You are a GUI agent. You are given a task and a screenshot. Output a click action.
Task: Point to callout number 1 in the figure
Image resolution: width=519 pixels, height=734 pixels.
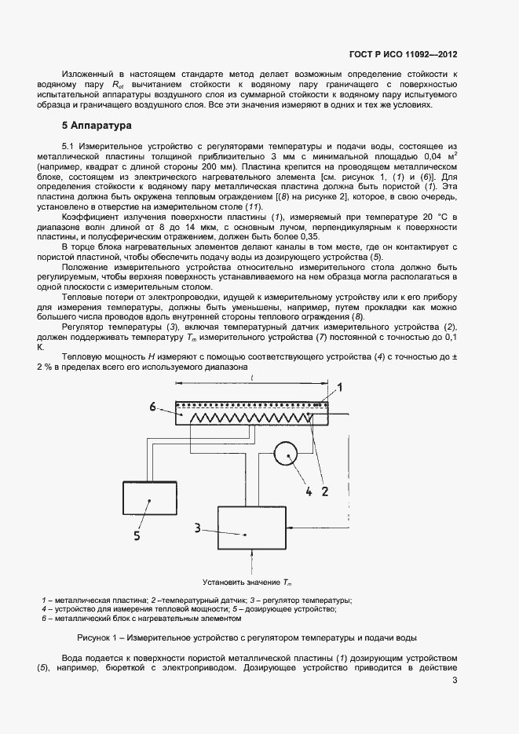pos(340,387)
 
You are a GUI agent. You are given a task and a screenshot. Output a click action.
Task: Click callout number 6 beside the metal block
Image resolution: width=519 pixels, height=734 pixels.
pos(155,406)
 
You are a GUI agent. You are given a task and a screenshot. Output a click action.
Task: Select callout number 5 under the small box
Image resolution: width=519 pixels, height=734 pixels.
pos(137,537)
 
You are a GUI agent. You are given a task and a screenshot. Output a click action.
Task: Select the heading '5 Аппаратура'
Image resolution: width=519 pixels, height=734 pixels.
pos(97,126)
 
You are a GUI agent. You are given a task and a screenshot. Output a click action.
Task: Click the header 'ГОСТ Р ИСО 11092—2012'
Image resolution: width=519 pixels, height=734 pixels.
pos(403,54)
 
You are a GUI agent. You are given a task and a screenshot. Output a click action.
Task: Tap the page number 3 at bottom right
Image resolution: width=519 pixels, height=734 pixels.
pos(455,681)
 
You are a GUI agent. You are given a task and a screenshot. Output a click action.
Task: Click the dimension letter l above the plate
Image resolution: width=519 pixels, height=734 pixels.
pos(251,378)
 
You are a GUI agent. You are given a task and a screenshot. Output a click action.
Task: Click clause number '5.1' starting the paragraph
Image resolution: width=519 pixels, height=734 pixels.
pos(69,147)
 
